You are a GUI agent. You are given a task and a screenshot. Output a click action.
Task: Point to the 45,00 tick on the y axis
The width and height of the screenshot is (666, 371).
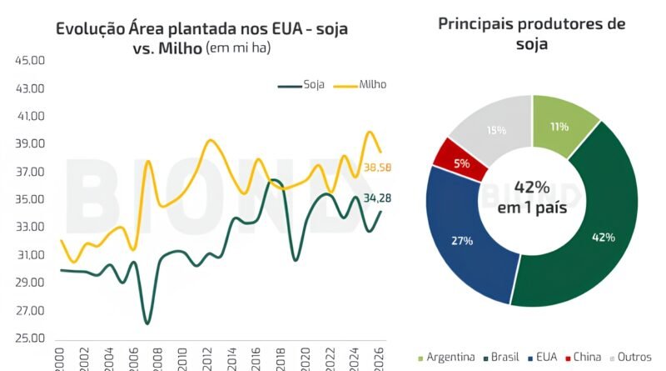(x=30, y=60)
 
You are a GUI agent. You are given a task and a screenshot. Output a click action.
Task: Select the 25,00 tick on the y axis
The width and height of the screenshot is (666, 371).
(x=30, y=338)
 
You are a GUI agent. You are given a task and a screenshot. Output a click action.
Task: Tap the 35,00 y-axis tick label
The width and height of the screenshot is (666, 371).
(x=30, y=199)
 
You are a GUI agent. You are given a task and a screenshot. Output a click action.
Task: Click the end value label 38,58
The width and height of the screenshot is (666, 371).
(x=378, y=168)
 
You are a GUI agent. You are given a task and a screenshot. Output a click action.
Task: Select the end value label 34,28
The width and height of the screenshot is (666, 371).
(x=377, y=198)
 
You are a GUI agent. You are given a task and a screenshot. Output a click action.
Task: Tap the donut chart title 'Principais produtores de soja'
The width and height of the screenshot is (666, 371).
(x=531, y=33)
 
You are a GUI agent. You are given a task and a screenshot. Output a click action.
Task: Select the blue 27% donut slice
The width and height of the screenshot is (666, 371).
(x=462, y=242)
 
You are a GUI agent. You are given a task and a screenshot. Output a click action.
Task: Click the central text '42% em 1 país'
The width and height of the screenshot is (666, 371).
(x=530, y=198)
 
